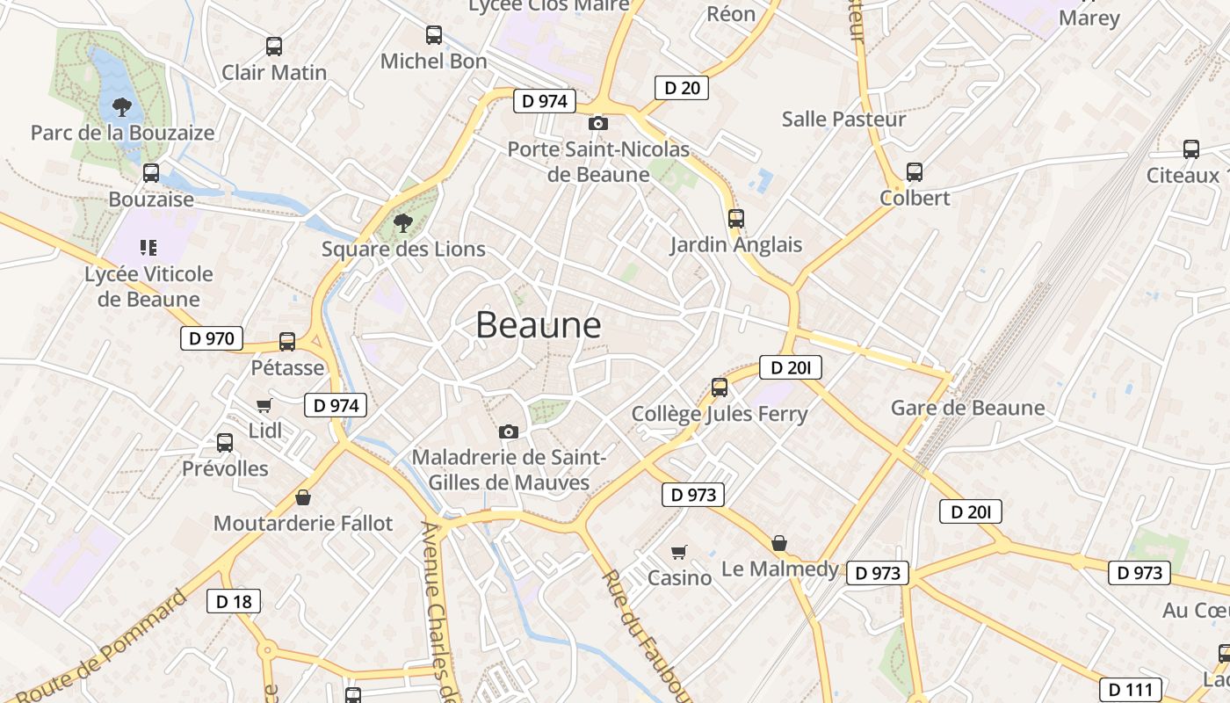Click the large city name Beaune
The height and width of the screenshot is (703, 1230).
coord(539,325)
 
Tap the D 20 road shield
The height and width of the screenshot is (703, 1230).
coord(682,87)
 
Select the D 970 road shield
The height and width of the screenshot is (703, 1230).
coord(212,338)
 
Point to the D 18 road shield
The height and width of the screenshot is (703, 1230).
coord(234,601)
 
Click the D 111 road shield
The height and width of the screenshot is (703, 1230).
coord(1132,690)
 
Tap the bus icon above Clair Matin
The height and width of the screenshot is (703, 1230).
coord(274,47)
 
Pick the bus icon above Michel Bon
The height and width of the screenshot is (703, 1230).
coord(434,35)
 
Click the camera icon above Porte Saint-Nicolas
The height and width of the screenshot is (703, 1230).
coord(598,124)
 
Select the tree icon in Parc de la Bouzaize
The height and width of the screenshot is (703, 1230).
coord(122,108)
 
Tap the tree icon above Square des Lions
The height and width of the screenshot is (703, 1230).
coord(403,222)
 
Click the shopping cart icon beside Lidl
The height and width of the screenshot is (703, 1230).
coord(264,405)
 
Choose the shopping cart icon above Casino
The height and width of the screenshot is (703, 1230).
coord(679,552)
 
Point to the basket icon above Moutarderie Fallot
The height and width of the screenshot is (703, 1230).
coord(303,497)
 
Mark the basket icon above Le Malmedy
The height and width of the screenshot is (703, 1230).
coord(779,543)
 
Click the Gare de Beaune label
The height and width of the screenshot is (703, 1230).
coord(967,408)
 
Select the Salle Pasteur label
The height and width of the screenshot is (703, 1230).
coord(843,119)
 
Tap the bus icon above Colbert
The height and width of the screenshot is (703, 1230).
coord(915,172)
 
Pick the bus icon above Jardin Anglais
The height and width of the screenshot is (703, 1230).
coord(736,219)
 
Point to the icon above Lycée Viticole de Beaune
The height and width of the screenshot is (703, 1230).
coord(148,248)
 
